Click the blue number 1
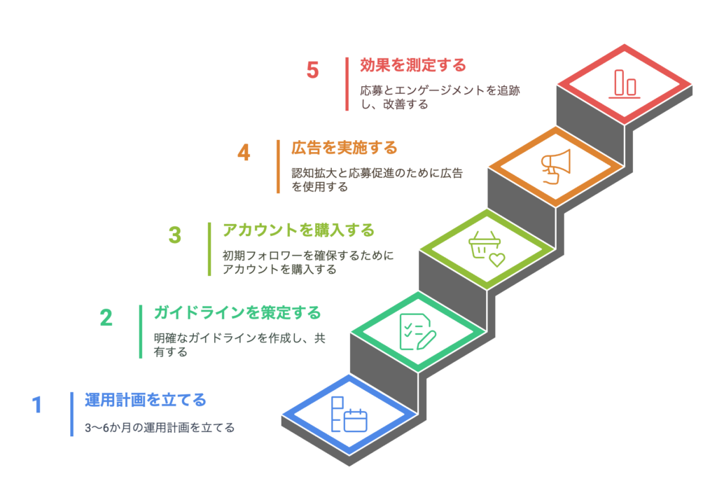[37, 405]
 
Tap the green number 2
[106, 318]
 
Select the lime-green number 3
[175, 235]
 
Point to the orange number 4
[244, 153]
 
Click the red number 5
[312, 71]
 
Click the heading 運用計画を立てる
[145, 400]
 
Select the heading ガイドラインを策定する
[237, 312]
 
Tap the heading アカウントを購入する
[298, 230]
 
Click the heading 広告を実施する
[344, 148]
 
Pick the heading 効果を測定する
[412, 65]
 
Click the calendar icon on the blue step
[349, 415]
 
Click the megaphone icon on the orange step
[555, 167]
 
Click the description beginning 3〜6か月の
[160, 428]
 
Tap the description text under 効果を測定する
[440, 97]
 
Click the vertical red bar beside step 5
[347, 84]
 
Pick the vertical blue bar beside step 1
[72, 414]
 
